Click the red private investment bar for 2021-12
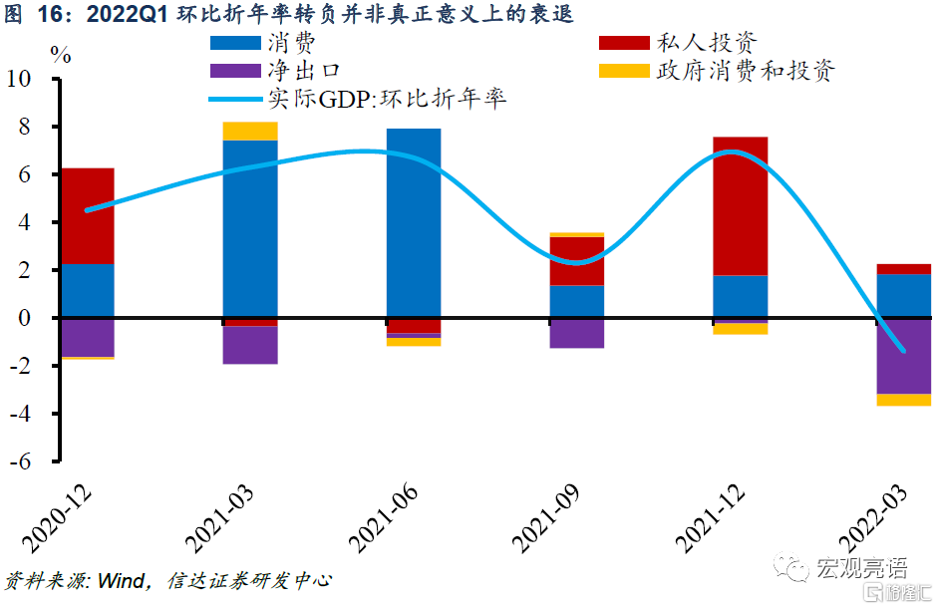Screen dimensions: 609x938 point(740,205)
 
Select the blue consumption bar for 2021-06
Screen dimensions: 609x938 point(413,223)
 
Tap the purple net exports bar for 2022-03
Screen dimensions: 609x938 point(903,357)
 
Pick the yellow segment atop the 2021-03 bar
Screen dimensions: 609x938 point(250,132)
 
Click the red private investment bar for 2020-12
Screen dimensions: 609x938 point(87,216)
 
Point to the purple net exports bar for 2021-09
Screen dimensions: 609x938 point(576,334)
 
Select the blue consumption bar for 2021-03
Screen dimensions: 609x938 point(250,229)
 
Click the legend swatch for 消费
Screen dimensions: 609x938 point(236,44)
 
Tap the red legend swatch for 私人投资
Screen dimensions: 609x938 point(624,44)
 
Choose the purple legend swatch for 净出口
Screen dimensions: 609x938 point(236,71)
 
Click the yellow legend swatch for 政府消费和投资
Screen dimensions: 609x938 point(624,71)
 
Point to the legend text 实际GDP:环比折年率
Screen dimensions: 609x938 point(388,99)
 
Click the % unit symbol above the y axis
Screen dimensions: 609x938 point(61,56)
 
